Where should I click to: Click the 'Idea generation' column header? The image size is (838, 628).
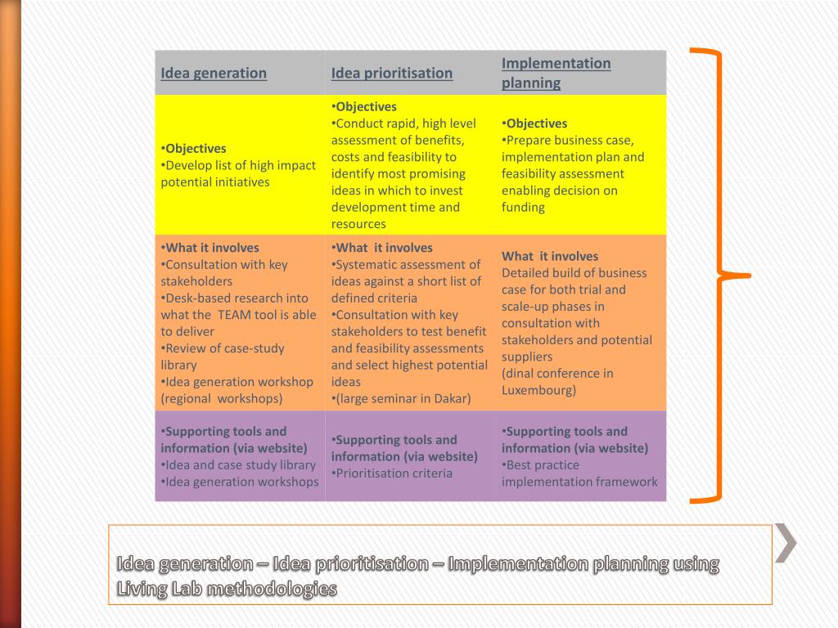214,73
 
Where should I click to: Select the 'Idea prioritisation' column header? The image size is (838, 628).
391,73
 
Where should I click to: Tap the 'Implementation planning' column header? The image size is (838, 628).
556,73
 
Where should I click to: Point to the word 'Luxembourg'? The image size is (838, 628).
538,390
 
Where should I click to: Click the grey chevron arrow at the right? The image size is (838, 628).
786,543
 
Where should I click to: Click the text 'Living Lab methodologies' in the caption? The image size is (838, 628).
227,589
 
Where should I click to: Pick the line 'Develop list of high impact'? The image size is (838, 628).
240,165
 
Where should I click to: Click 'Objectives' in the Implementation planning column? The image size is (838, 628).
536,123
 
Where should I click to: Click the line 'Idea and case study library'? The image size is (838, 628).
240,465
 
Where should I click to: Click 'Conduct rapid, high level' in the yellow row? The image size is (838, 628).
405,123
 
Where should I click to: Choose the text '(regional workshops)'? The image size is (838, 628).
222,399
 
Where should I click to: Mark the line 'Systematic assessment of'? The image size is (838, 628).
408,265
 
